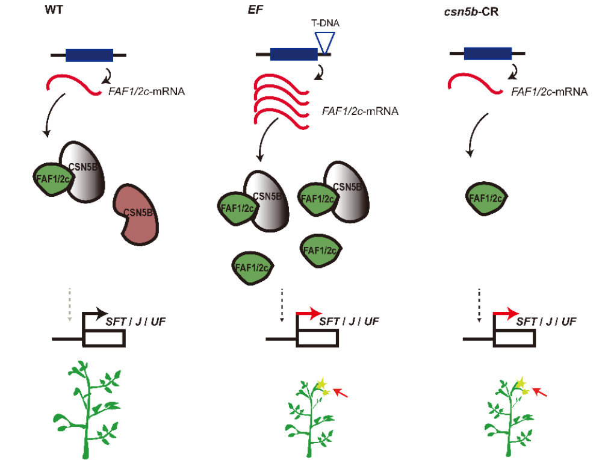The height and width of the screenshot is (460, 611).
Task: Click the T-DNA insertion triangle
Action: (325, 42)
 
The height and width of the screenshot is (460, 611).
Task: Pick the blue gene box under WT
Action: (88, 55)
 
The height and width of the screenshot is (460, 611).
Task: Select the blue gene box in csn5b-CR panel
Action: (487, 54)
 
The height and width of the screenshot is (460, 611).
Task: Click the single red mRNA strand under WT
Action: (72, 85)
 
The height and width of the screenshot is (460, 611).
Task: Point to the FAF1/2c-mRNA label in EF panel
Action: (361, 111)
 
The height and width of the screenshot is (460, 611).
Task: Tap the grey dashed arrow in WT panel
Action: (70, 303)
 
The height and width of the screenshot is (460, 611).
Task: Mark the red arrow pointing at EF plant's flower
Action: (341, 393)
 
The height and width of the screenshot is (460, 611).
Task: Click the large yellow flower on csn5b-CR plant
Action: (521, 383)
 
